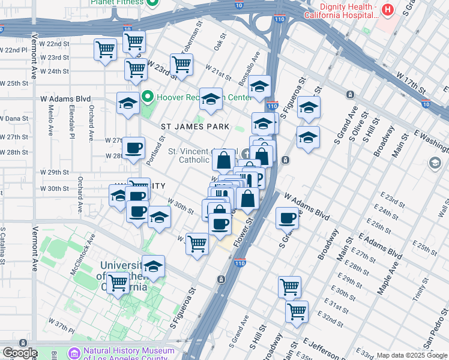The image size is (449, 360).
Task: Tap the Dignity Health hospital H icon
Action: (388, 10)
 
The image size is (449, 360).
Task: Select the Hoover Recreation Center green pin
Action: (148, 97)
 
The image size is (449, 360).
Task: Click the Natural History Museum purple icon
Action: (74, 353)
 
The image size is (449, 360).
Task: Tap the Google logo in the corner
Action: (19, 353)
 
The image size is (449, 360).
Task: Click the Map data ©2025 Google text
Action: (411, 355)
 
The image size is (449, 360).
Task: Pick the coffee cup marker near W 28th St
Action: (133, 148)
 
